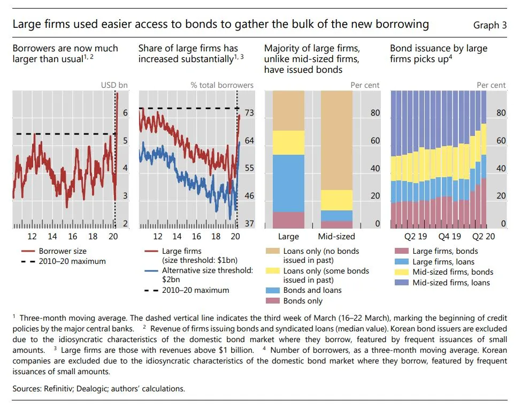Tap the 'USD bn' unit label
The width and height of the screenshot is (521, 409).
[114, 85]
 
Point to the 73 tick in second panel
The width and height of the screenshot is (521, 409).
[249, 113]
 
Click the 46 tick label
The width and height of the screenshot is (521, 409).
[249, 196]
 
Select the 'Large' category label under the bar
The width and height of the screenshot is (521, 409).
[288, 236]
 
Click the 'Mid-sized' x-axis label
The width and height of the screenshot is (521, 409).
[336, 236]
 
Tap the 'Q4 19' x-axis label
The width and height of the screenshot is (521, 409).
[449, 236]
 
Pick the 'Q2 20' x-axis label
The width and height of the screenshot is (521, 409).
[483, 236]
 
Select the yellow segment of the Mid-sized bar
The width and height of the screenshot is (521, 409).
[336, 200]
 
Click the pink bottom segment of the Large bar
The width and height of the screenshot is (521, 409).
[288, 220]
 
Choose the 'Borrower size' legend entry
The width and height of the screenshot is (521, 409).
[62, 251]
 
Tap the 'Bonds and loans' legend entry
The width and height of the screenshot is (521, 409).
[312, 290]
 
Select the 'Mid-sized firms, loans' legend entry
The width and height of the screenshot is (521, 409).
[451, 283]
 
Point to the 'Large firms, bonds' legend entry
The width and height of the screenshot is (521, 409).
[445, 251]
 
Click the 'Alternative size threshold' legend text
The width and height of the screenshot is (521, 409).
[207, 270]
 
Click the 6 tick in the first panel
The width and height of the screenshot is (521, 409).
[125, 113]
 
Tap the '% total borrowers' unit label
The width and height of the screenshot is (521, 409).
[222, 85]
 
